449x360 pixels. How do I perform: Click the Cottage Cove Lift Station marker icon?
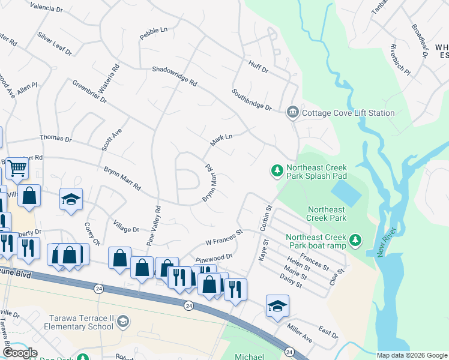pos(292,112)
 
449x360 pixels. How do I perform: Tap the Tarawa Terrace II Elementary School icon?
pos(122,322)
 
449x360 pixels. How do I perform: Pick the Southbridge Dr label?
pos(252,100)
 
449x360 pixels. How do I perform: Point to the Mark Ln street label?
pos(221,140)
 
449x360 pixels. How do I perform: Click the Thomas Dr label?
pos(55,139)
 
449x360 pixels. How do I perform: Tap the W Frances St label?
pos(223,236)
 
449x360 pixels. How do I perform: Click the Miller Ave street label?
pos(300,326)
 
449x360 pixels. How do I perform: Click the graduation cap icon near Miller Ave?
pos(277,306)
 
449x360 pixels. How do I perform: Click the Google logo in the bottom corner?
pos(20,353)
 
